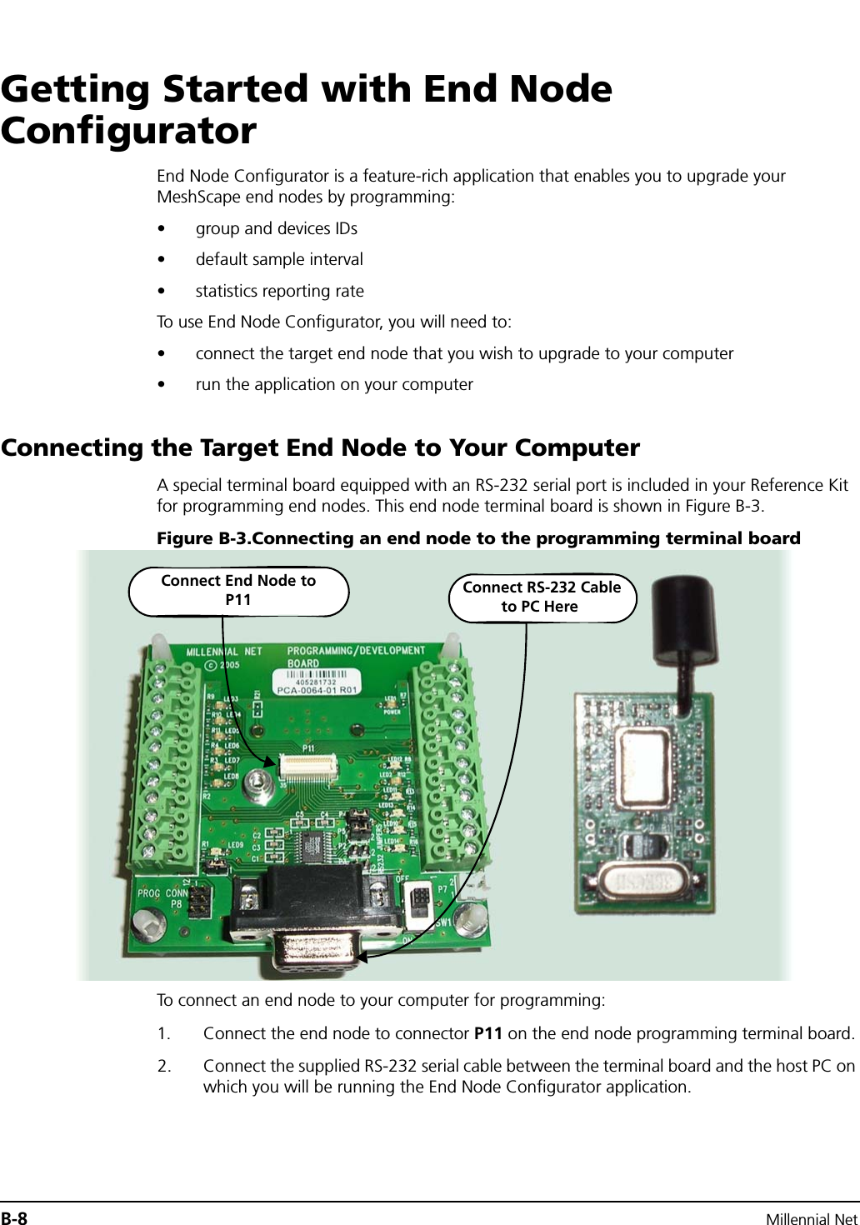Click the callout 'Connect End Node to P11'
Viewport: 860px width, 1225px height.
click(x=238, y=590)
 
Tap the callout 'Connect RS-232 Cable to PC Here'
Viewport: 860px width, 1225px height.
click(x=542, y=597)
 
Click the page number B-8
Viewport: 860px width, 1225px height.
click(x=14, y=1218)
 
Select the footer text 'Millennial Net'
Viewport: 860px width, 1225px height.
click(x=812, y=1219)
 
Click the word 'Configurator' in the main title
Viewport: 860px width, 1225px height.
click(x=129, y=131)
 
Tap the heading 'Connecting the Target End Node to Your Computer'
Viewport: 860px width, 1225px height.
click(x=321, y=447)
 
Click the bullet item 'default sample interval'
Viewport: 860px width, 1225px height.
click(x=279, y=259)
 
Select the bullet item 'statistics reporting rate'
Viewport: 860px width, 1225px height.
click(x=279, y=291)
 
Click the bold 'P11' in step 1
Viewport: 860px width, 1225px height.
click(x=487, y=1033)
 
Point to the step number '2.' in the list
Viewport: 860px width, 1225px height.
click(x=164, y=1066)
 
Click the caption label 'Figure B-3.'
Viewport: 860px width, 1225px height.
click(x=202, y=538)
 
